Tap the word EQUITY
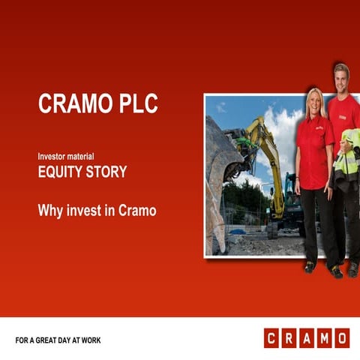[x=62, y=172]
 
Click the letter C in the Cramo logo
[x=271, y=338]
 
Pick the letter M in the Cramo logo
[x=323, y=338]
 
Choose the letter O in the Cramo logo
[x=340, y=338]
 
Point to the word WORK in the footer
[x=91, y=340]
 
